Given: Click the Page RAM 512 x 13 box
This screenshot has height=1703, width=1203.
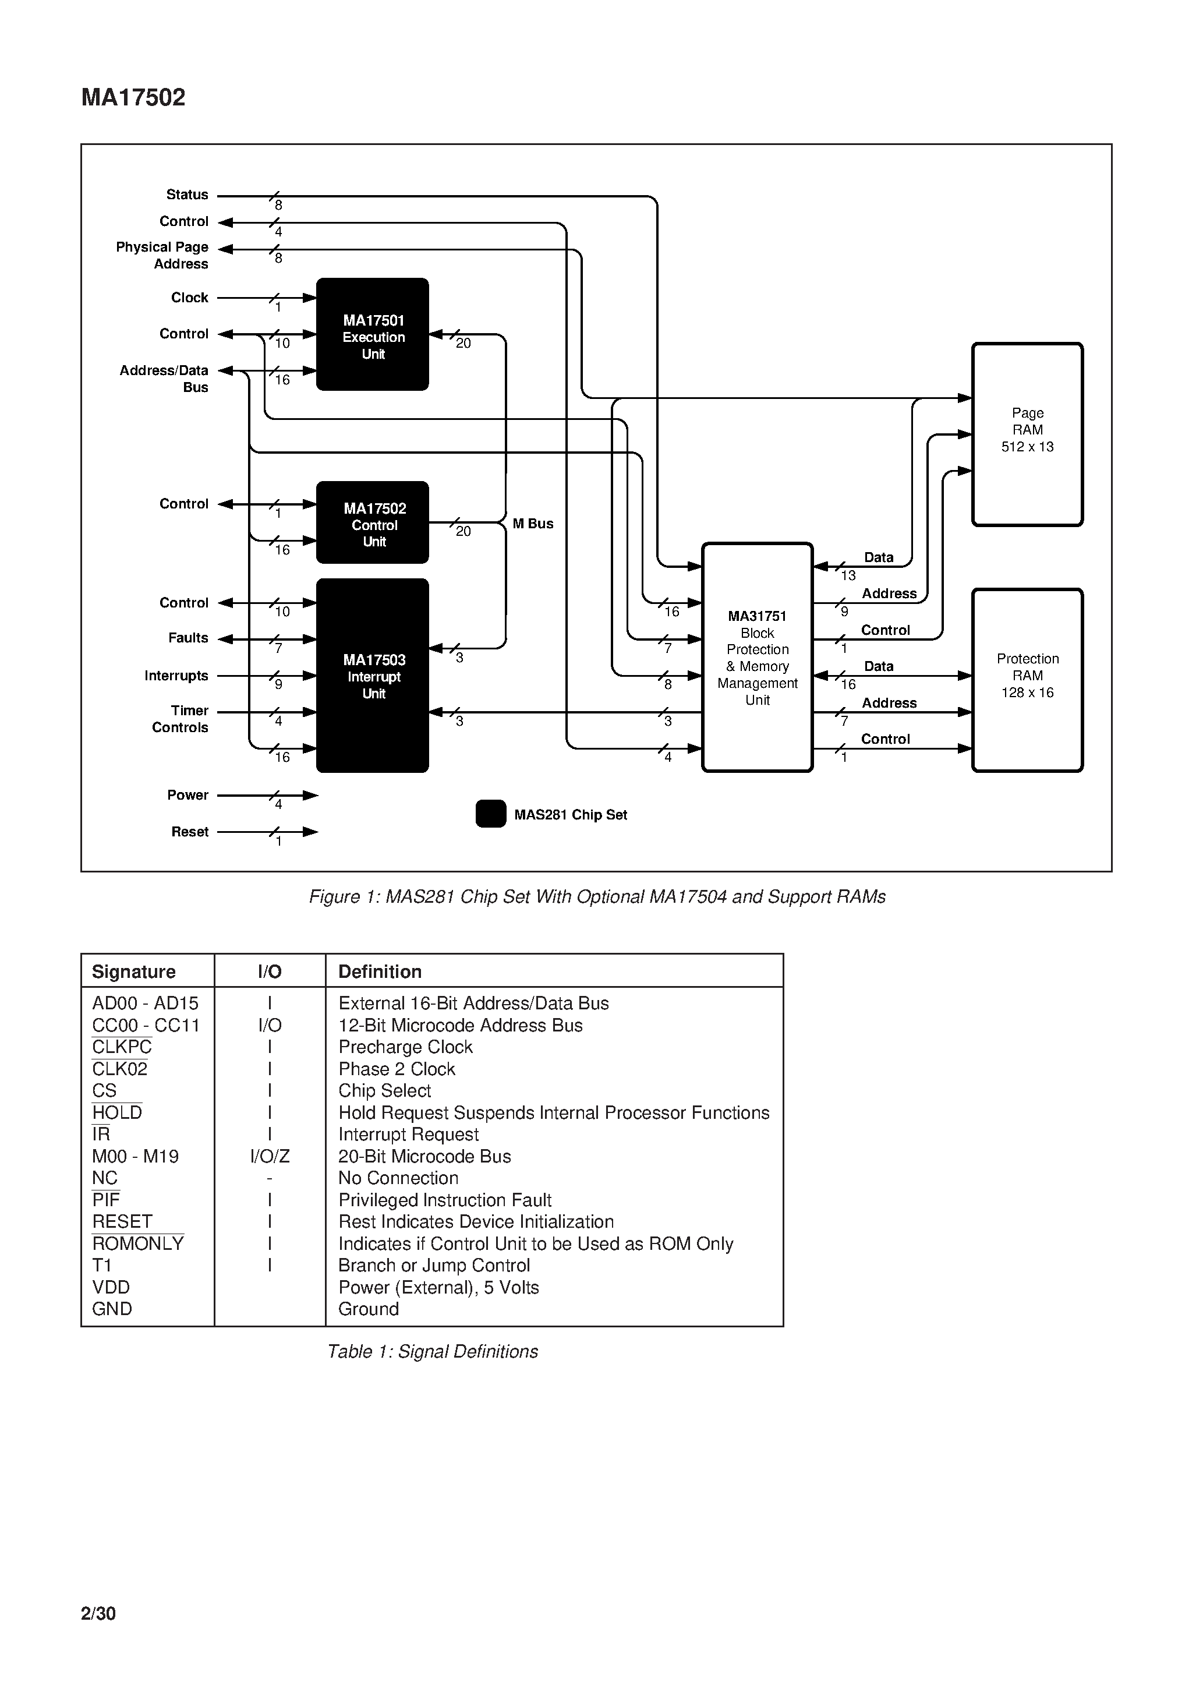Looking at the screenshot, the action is [x=1027, y=434].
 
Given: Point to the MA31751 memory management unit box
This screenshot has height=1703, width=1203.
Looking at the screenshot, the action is [x=757, y=657].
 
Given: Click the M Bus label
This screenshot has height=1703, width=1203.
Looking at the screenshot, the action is [x=533, y=524].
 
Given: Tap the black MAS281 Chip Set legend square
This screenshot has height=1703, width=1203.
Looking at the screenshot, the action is [x=490, y=814].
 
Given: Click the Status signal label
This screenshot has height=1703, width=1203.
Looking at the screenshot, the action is [x=187, y=195].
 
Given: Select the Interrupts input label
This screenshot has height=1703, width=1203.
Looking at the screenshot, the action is [x=176, y=676].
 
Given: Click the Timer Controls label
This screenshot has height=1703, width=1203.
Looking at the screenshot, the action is [x=181, y=719].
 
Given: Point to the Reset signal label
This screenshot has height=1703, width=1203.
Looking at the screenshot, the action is [x=190, y=832].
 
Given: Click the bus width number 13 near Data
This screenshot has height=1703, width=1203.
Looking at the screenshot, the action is [x=848, y=575].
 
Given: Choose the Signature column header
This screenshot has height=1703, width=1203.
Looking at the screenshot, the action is [x=133, y=971].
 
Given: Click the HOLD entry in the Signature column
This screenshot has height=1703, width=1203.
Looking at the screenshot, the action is [x=117, y=1112].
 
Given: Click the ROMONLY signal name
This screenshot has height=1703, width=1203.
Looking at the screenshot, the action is [x=138, y=1244].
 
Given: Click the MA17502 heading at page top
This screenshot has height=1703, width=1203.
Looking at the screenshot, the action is [x=133, y=97].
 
